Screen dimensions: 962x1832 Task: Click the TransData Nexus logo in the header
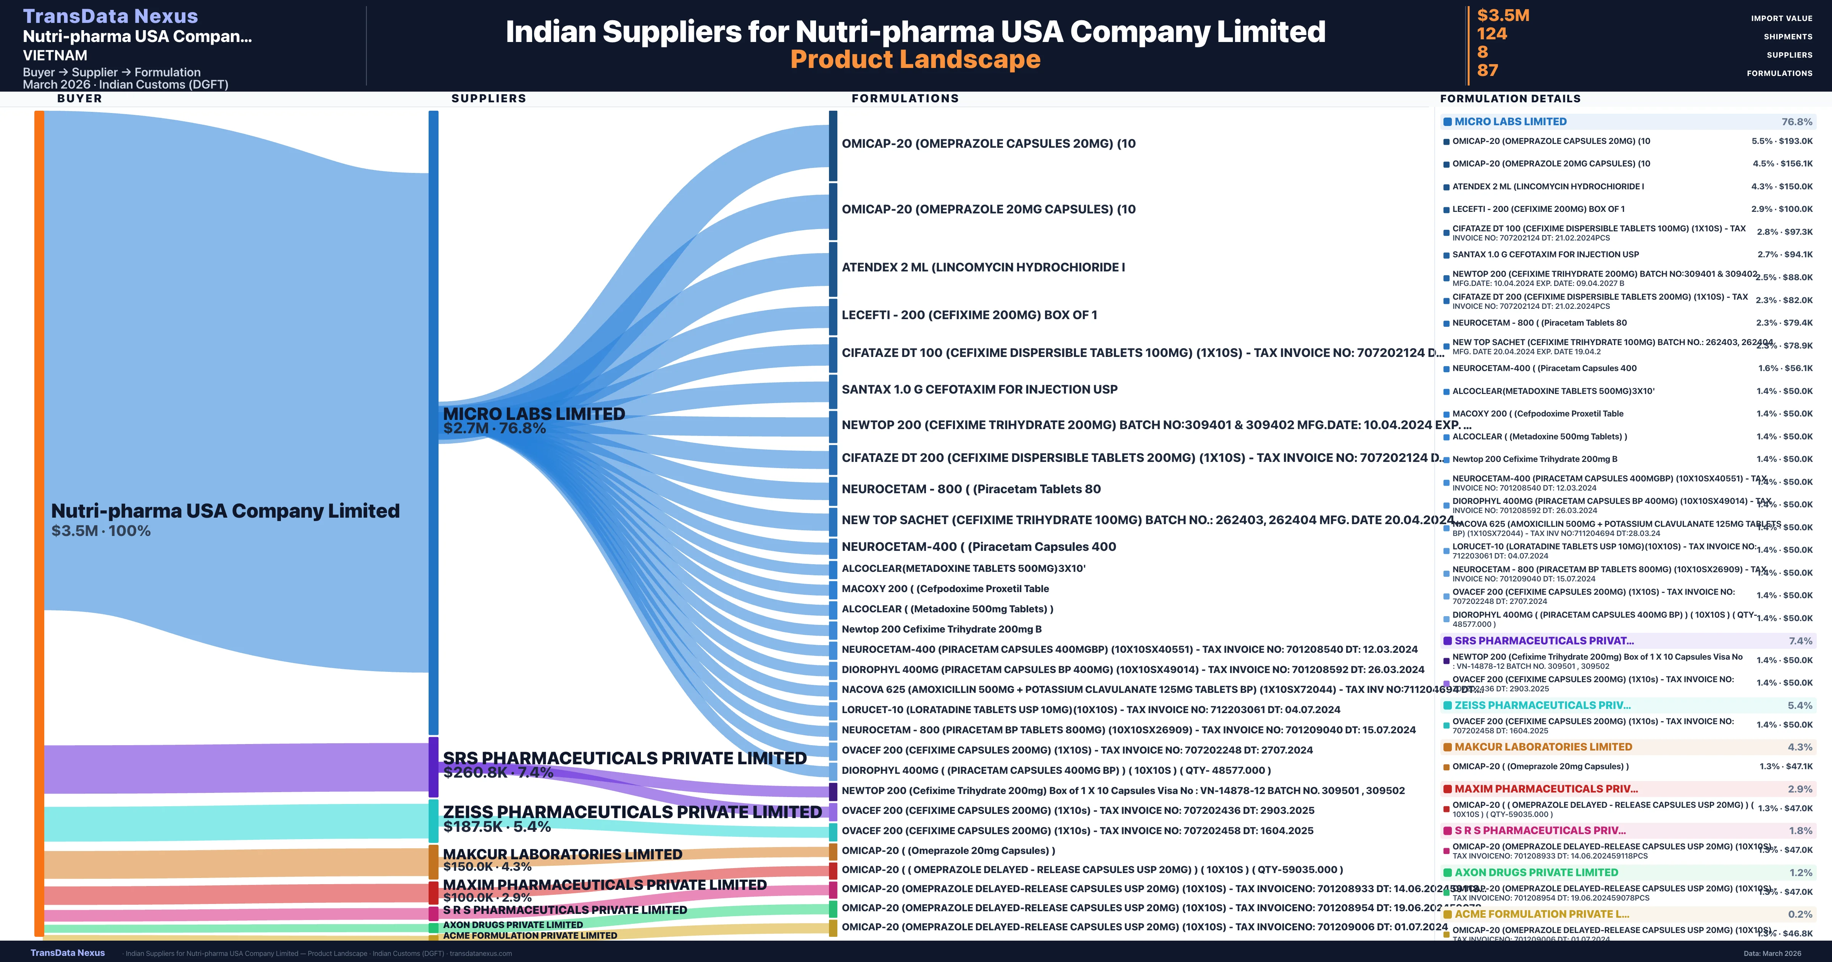pos(110,16)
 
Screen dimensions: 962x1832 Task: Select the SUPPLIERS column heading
pos(489,98)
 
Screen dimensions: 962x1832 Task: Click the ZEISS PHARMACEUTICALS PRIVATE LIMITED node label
pos(632,812)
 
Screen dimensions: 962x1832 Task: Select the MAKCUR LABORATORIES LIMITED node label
pos(562,854)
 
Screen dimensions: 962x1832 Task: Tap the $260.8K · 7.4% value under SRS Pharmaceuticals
pos(498,773)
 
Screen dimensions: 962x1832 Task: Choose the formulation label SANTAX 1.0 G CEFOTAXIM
pos(979,389)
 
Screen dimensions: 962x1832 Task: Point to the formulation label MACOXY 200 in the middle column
pos(945,588)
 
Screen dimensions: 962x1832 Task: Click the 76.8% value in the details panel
pos(1797,122)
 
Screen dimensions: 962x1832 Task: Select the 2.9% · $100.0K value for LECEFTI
pos(1782,209)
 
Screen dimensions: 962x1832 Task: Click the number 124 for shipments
pos(1491,34)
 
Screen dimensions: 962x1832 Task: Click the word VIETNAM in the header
pos(55,55)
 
